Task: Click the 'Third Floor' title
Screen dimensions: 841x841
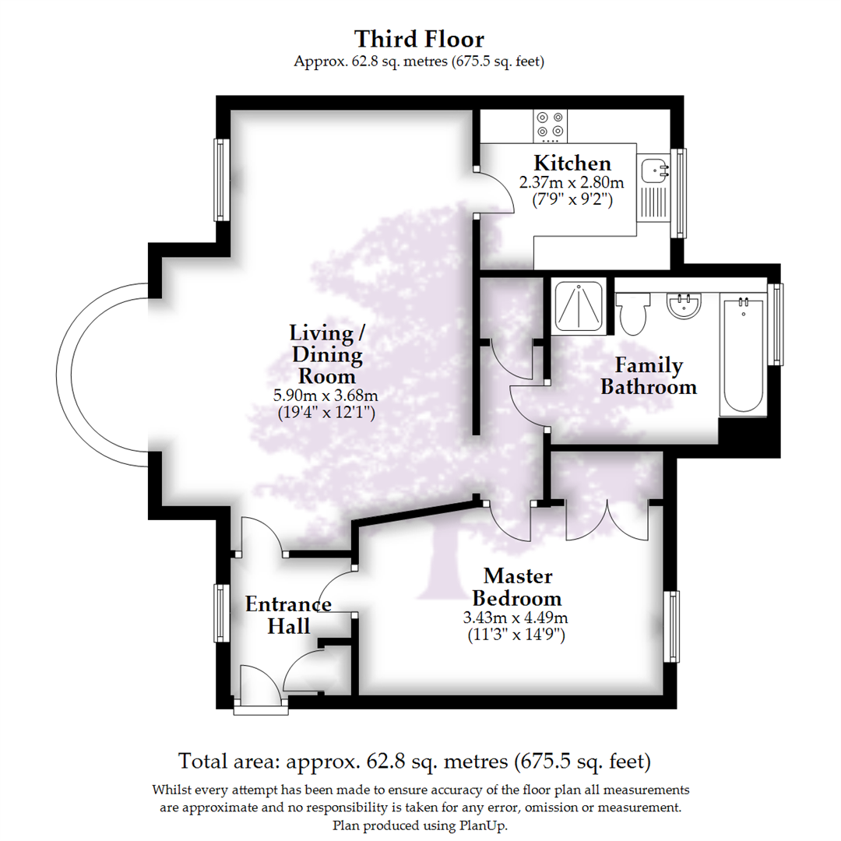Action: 420,38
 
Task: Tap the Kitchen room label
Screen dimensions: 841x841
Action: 572,164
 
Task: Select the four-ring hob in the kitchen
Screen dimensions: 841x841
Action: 551,125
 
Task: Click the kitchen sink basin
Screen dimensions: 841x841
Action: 653,169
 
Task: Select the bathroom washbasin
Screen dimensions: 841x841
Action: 685,306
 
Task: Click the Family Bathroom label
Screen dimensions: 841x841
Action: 648,376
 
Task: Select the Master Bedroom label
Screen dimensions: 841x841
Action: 518,587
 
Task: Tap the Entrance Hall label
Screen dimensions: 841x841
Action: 289,614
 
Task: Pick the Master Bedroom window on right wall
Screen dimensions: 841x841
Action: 671,627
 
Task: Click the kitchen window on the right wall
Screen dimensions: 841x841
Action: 682,193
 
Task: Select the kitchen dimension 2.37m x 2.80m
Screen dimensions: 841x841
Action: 572,184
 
